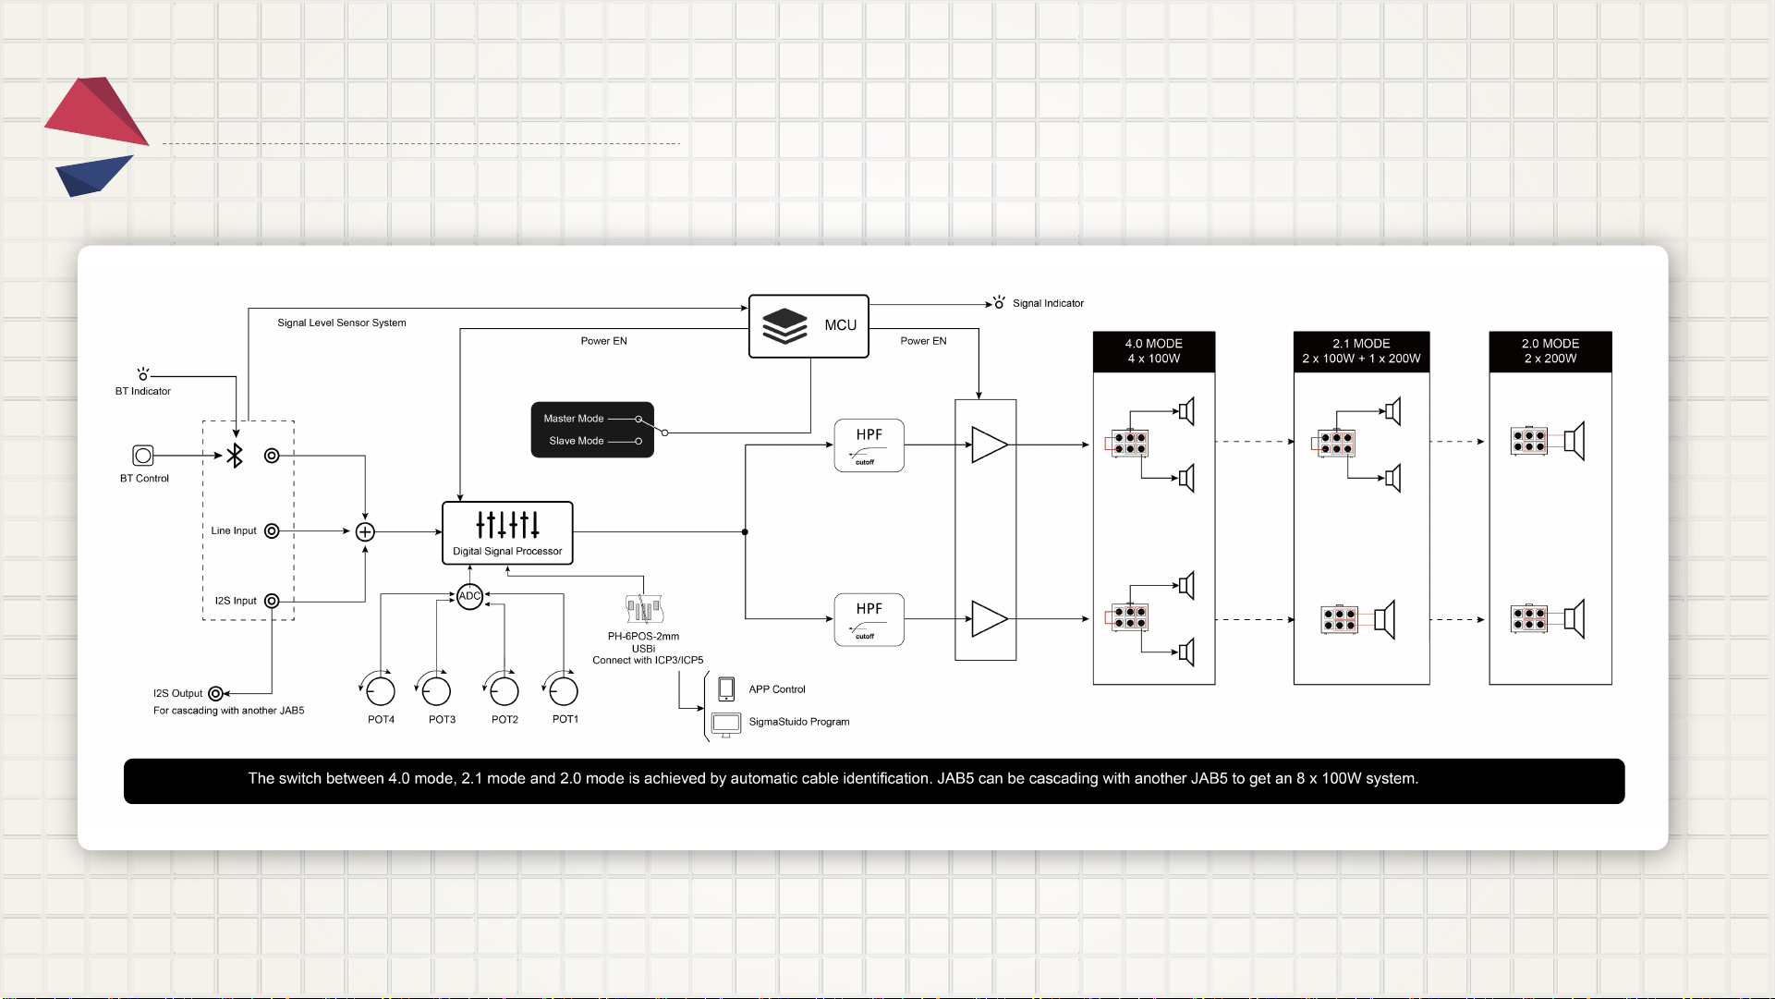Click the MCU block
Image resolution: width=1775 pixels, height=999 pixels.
point(808,326)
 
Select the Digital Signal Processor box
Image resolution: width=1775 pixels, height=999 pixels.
point(507,533)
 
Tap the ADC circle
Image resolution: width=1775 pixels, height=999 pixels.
point(469,596)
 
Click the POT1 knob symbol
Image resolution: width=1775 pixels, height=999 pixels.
point(562,689)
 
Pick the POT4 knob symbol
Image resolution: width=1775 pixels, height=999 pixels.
point(379,689)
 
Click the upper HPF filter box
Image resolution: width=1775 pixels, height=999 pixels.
point(869,445)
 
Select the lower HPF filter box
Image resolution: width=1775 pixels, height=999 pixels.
point(869,619)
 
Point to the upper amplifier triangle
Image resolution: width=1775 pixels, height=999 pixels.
point(989,445)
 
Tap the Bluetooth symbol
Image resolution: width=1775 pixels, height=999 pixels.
point(235,455)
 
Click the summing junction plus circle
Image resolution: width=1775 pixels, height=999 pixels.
point(365,531)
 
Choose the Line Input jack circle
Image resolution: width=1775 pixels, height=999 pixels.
point(272,530)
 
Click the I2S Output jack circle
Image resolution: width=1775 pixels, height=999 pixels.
point(215,693)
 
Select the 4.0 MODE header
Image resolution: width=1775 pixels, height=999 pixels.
point(1154,351)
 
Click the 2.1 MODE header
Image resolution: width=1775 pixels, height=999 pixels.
point(1361,351)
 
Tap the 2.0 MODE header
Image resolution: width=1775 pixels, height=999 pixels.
point(1550,351)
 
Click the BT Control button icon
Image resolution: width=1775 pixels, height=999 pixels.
point(143,455)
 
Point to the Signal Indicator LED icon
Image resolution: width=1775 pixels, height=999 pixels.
point(999,302)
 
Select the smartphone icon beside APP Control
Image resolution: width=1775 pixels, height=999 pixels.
point(726,688)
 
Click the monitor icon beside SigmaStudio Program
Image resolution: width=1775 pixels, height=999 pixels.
point(726,725)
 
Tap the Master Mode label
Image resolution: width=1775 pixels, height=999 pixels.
point(574,419)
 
